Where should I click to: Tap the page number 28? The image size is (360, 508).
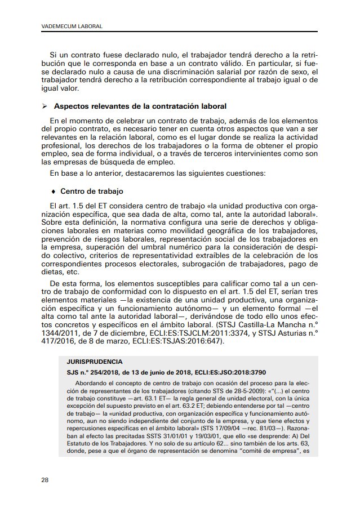point(45,480)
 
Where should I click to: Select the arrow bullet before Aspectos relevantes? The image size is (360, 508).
point(45,106)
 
